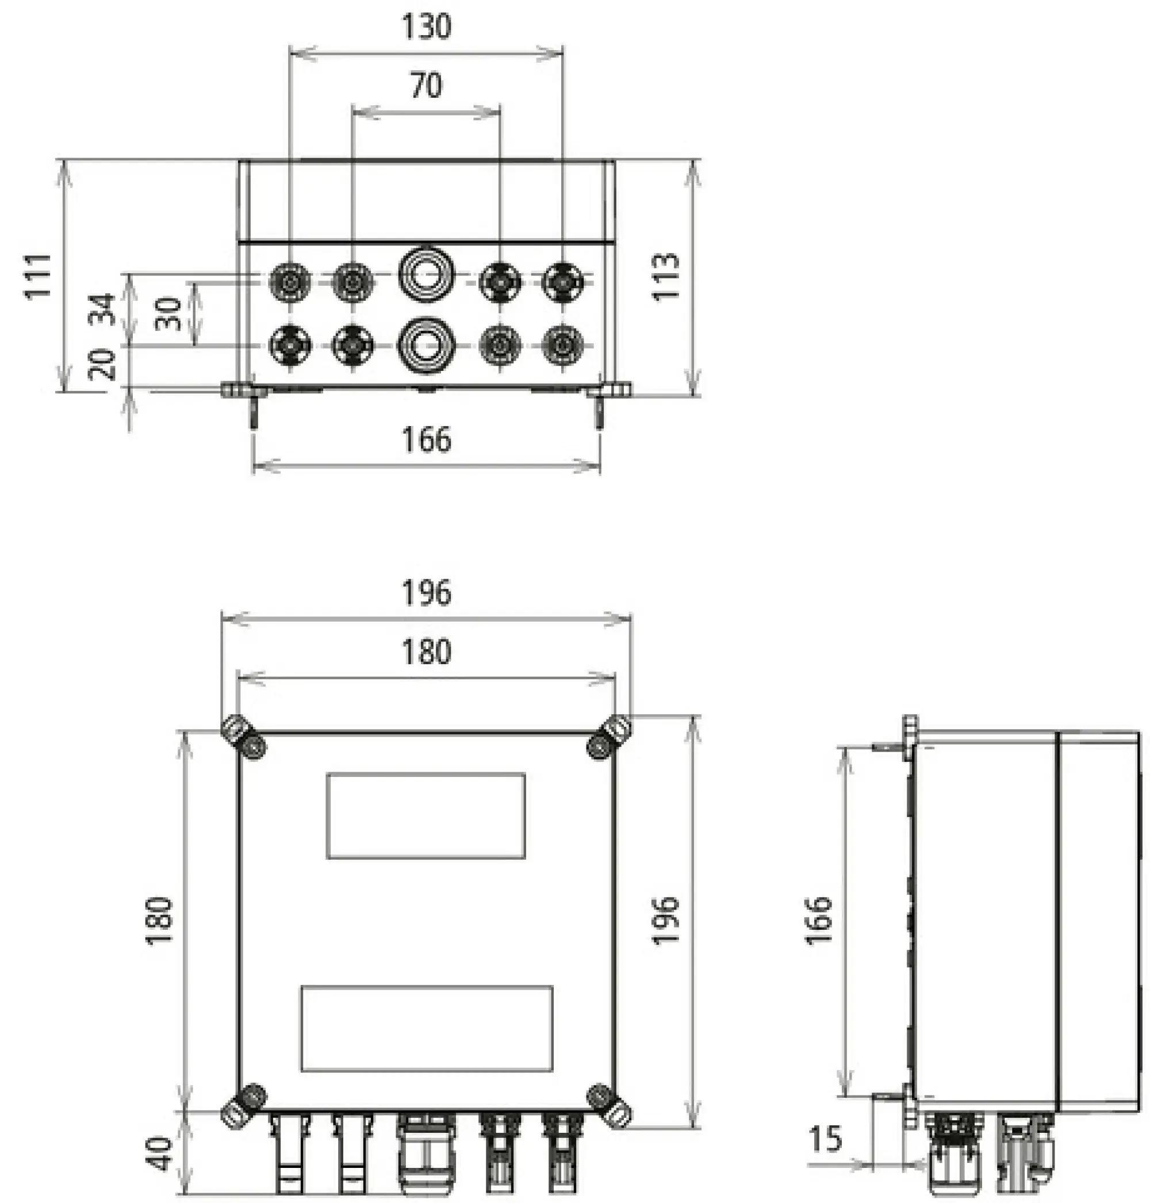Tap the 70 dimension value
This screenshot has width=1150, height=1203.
pos(426,86)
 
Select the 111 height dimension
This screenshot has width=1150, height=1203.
pos(38,276)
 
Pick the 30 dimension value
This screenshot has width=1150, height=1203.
pos(168,313)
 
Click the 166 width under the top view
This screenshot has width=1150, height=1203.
pos(426,440)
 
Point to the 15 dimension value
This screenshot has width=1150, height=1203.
pos(826,1139)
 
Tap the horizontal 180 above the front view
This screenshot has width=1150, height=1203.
pos(426,652)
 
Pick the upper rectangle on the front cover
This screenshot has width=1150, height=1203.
pos(425,815)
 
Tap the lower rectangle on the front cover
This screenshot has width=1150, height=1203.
pos(427,1028)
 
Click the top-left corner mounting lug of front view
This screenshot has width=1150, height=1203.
pos(243,738)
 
